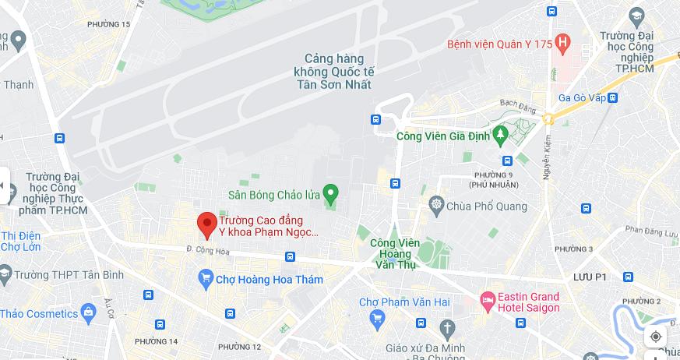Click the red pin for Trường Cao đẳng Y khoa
click(x=206, y=224)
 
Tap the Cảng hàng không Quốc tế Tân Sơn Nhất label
click(x=333, y=72)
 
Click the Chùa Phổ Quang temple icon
click(x=436, y=206)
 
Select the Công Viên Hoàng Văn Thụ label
click(x=396, y=253)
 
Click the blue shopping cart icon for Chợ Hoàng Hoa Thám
click(x=206, y=279)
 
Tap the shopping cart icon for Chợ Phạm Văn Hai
click(x=378, y=317)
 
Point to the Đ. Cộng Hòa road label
click(x=208, y=250)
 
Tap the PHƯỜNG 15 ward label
click(x=108, y=24)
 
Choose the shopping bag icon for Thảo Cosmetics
click(x=88, y=313)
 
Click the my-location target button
click(x=656, y=337)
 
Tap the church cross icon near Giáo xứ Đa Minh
click(x=446, y=327)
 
